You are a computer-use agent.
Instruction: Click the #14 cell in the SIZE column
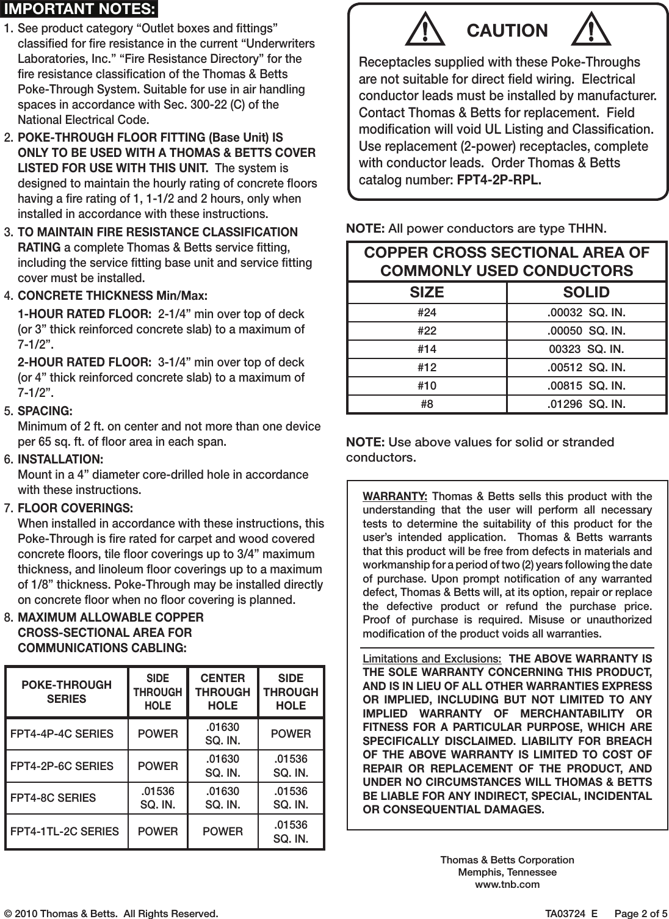[427, 349]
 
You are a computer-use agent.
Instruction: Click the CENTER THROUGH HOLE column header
[223, 692]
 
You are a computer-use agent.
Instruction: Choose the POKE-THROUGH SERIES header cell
[67, 692]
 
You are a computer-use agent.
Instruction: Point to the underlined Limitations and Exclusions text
[432, 659]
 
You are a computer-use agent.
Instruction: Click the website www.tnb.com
[507, 884]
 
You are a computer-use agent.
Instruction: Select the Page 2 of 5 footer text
[641, 914]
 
